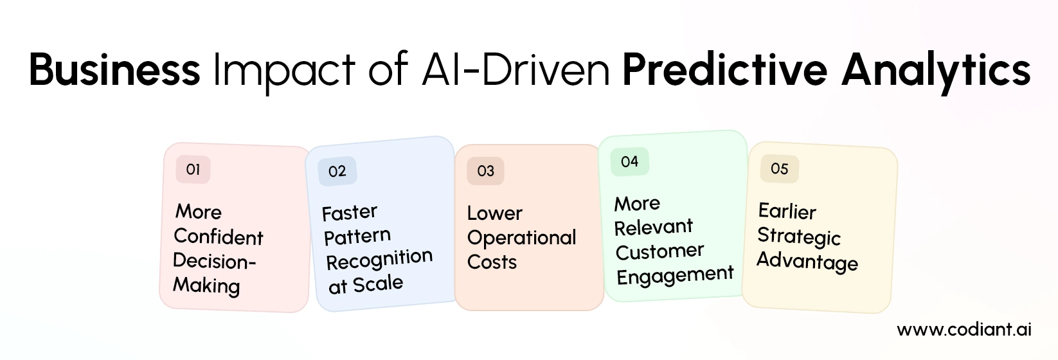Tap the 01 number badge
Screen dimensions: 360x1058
coord(193,170)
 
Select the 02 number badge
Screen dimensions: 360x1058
coord(337,171)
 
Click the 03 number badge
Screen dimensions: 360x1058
coord(485,171)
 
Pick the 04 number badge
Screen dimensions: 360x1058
coord(629,161)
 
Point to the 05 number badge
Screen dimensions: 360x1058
coord(779,169)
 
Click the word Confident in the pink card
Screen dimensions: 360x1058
coord(219,237)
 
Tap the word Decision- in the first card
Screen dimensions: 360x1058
coord(214,261)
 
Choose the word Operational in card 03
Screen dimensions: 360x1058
coord(521,238)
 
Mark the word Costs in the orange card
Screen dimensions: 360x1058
coord(492,262)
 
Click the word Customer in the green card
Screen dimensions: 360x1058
coord(659,251)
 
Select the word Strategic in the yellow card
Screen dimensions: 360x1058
coord(798,237)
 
